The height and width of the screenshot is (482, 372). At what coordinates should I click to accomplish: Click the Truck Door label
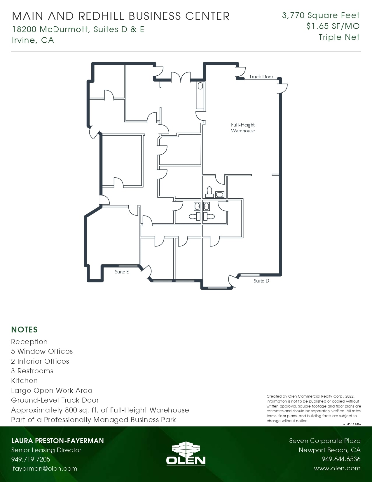(261, 77)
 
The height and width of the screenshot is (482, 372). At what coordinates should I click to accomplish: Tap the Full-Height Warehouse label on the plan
(243, 128)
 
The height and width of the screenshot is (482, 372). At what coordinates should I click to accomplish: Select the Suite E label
(122, 272)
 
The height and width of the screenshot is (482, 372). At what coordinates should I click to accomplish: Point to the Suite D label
(261, 281)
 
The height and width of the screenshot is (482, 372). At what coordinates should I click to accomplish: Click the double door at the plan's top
(181, 77)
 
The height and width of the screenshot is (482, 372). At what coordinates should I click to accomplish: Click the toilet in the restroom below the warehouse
(209, 191)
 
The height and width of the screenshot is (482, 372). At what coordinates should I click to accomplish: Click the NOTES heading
(24, 330)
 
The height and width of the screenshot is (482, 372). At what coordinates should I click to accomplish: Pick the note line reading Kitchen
(24, 381)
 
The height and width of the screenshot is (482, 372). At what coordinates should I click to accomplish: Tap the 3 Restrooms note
(32, 371)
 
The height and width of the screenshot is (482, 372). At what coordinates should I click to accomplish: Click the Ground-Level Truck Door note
(55, 400)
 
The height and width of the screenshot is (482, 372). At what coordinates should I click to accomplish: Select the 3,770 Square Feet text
(321, 15)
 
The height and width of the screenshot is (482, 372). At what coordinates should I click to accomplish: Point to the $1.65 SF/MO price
(333, 26)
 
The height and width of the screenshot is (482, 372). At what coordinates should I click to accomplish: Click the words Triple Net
(339, 37)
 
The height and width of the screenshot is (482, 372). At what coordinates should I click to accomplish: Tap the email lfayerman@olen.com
(44, 468)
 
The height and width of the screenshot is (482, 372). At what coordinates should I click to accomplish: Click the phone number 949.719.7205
(31, 459)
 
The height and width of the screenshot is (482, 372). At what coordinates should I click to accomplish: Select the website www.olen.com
(337, 468)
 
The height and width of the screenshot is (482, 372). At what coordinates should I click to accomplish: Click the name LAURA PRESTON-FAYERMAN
(57, 441)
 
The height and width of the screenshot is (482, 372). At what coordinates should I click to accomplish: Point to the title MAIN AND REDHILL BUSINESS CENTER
(121, 16)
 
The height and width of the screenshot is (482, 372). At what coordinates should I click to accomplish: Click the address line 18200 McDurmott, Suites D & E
(78, 29)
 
